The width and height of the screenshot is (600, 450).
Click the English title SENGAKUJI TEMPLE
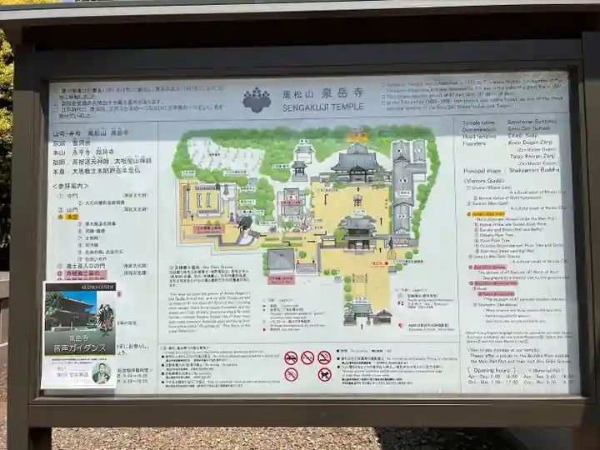(322, 107)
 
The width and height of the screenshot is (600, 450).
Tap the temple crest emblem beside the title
(257, 100)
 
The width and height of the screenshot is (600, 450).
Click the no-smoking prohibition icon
(323, 357)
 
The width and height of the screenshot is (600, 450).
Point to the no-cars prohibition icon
(291, 357)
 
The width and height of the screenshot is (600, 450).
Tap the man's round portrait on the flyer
(101, 372)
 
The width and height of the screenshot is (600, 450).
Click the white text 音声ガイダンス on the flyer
(79, 347)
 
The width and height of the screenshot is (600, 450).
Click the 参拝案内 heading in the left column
(71, 186)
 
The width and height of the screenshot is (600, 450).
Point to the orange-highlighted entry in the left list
(73, 216)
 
